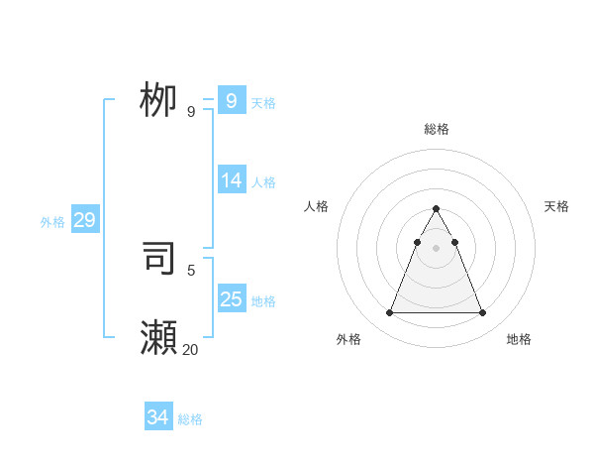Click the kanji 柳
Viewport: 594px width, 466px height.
tap(158, 100)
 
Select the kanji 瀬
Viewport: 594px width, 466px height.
tap(158, 338)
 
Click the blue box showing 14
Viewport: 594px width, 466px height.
tap(232, 180)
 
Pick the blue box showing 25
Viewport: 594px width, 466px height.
tap(232, 299)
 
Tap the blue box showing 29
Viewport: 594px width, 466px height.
tap(84, 220)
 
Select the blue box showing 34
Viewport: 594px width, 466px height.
tap(158, 418)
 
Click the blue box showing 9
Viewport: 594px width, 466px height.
tap(232, 101)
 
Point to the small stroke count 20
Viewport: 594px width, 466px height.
tap(190, 349)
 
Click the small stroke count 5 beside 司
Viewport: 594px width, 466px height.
tap(191, 270)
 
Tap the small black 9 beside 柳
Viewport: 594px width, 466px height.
tap(191, 112)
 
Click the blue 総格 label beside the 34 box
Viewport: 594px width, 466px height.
tap(190, 419)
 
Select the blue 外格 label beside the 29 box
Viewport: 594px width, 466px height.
tap(52, 222)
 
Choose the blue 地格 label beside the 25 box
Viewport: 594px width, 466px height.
tap(263, 301)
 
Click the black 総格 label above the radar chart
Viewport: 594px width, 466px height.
tap(437, 129)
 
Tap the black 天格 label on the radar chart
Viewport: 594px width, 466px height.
tap(557, 206)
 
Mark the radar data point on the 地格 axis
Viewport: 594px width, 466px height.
tap(482, 313)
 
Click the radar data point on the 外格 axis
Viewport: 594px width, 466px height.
tap(390, 313)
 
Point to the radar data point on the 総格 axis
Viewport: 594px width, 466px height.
tap(436, 209)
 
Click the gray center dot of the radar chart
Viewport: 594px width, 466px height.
tap(436, 248)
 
